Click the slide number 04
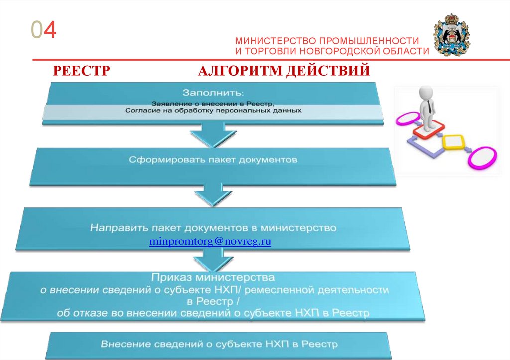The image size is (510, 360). [43, 31]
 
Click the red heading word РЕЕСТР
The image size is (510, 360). [81, 71]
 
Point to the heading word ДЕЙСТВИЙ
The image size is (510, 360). [328, 71]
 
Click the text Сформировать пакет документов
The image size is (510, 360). [213, 160]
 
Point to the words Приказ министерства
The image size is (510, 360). [213, 277]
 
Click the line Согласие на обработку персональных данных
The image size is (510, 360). [213, 110]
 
